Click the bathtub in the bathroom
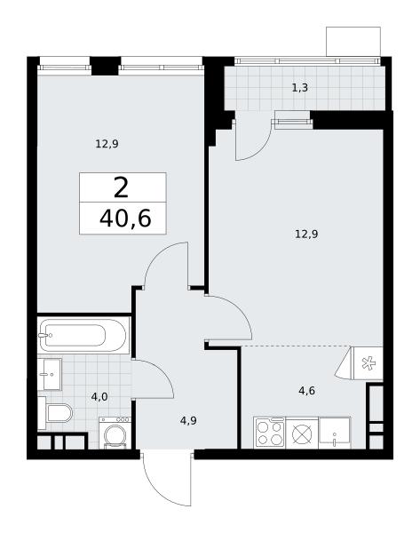83,335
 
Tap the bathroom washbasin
50,374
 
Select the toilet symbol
55,413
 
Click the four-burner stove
270,433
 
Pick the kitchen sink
335,433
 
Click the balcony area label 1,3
300,88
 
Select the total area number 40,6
125,219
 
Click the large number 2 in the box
122,188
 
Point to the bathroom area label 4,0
99,397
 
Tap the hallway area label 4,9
188,421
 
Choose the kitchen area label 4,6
307,391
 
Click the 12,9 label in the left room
107,144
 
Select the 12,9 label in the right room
306,235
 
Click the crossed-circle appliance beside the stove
302,433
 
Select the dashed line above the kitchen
296,346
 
